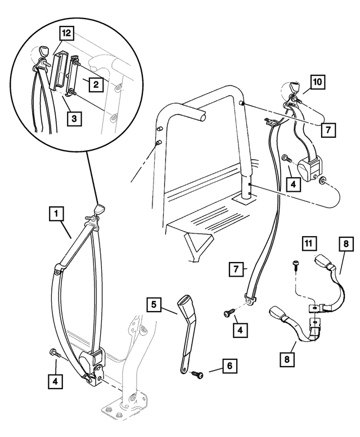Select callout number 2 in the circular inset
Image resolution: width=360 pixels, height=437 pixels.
[x=96, y=85]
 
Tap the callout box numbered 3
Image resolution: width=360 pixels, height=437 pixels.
[x=73, y=118]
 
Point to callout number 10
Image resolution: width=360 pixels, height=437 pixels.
[x=317, y=83]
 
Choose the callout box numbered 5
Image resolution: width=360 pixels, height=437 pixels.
[x=154, y=306]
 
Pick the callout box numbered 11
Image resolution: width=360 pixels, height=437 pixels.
[x=307, y=244]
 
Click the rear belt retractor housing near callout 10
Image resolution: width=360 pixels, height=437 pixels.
[x=309, y=168]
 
